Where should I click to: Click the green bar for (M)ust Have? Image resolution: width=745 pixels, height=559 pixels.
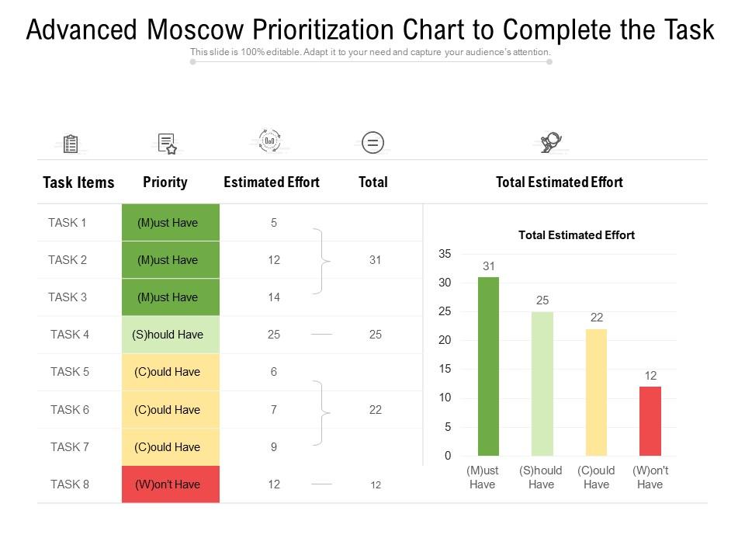point(488,366)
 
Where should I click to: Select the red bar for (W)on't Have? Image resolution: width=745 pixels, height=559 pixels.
point(650,421)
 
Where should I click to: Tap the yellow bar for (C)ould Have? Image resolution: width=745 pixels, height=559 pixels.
point(596,392)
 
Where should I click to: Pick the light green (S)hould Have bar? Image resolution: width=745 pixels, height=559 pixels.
point(542,384)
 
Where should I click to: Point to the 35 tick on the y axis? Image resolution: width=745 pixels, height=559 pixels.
point(445,254)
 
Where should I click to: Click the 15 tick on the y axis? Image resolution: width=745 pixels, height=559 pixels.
point(445,370)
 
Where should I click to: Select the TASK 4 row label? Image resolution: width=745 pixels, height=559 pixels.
point(70,335)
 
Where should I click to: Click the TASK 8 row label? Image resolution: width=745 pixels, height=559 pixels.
point(70,484)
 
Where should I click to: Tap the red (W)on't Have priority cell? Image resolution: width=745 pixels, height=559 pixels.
point(171,484)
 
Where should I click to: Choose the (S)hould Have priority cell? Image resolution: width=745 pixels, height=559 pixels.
point(171,335)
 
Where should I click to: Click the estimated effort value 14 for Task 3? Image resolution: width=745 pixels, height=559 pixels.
point(274,297)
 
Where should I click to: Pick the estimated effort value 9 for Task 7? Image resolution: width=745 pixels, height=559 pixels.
point(274,447)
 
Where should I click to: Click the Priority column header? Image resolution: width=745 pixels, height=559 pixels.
point(165,182)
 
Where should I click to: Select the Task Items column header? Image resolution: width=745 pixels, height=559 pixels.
point(78,182)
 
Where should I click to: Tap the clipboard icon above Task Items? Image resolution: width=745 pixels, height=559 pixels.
point(71,144)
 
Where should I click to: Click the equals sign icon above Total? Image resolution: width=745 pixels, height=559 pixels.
point(373,143)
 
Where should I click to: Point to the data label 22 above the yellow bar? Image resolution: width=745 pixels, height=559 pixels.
point(596,318)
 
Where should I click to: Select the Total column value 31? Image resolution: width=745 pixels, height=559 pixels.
point(376,260)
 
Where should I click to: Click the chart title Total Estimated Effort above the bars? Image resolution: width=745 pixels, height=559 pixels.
point(576,235)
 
